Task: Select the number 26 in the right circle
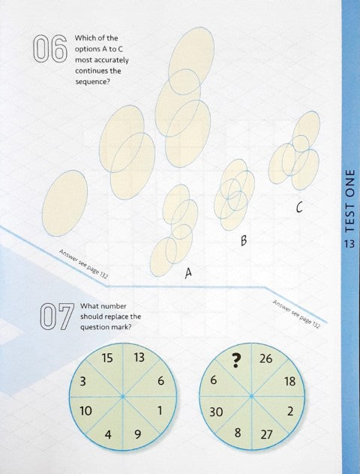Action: [x=265, y=359]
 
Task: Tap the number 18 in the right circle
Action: [x=289, y=382]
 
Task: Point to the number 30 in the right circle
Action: [x=217, y=412]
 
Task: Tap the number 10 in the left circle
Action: [x=85, y=411]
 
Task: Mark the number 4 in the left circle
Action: [x=108, y=433]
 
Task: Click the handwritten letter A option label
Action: [x=188, y=275]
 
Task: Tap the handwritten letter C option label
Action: [x=298, y=209]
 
